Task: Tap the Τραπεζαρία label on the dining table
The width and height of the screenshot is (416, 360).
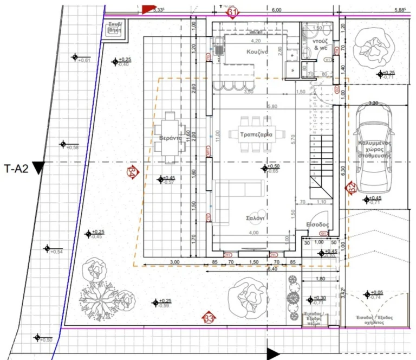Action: click(x=251, y=134)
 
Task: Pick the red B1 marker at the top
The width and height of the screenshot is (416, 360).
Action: click(x=232, y=12)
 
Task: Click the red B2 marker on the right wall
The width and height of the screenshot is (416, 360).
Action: click(x=352, y=188)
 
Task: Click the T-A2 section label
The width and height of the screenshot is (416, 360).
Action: click(x=16, y=168)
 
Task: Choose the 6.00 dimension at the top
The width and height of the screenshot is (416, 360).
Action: click(x=276, y=10)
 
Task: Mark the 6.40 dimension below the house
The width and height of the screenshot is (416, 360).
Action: click(x=272, y=268)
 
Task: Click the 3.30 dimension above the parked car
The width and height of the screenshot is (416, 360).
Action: click(x=373, y=102)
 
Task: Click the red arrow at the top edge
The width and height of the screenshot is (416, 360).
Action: click(x=148, y=8)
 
